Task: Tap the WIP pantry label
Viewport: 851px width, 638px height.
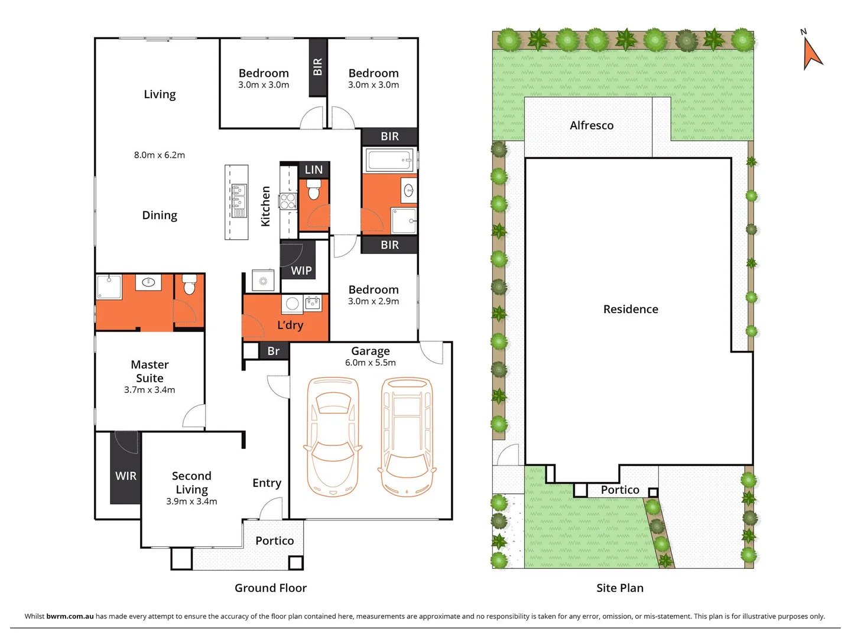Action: point(301,271)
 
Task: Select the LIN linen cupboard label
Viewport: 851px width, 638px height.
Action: point(314,170)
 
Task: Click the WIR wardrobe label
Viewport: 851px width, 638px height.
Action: point(125,476)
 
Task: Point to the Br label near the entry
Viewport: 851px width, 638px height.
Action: point(274,351)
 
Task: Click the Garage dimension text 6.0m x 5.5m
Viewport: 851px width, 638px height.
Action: point(371,363)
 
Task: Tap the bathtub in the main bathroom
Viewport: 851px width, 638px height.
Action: point(389,160)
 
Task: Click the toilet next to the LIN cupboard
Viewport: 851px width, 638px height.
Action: point(314,190)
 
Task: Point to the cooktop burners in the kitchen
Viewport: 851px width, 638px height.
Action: point(288,201)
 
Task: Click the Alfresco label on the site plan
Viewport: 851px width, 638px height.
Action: point(592,125)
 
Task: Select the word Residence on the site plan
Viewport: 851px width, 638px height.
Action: point(631,309)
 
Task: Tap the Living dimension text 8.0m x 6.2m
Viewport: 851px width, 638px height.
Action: point(160,155)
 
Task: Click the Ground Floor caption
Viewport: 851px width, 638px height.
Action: point(271,588)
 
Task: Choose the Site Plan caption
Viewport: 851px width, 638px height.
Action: point(620,588)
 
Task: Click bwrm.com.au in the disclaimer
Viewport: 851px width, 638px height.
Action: point(70,616)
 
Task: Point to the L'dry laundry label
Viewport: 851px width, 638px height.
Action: point(290,325)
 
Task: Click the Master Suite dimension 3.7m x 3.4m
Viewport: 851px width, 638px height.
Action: point(150,390)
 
